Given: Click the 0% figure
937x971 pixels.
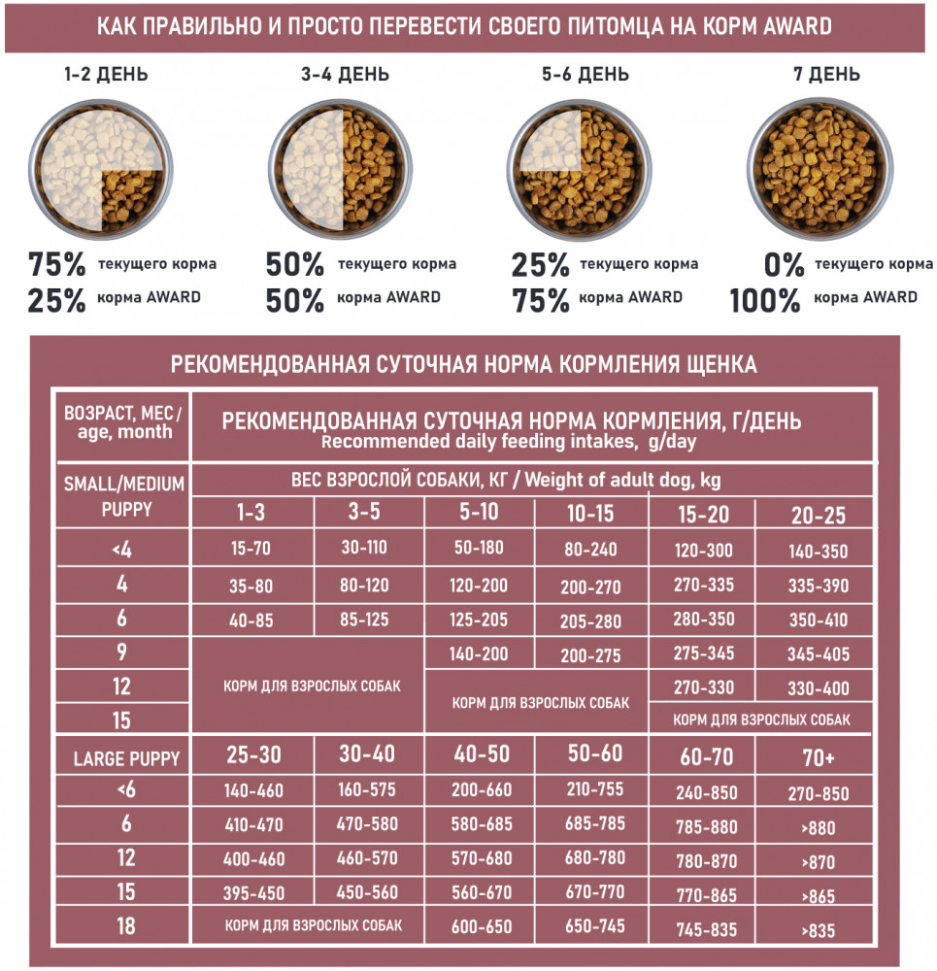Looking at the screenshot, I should pos(783,264).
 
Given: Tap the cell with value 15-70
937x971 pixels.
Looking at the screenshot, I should pos(251,548).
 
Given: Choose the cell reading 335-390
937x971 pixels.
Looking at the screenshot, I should pos(819,586).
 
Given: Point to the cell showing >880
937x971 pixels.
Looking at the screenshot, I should pos(819,828).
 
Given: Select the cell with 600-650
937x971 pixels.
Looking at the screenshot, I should pos(482,926).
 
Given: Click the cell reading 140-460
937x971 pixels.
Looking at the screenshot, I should pos(252,791).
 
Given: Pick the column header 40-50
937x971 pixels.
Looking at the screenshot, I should pos(482,754).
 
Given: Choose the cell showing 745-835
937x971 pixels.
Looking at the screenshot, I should pos(705,928).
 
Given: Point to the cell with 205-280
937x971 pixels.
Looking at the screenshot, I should pos(590,621).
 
